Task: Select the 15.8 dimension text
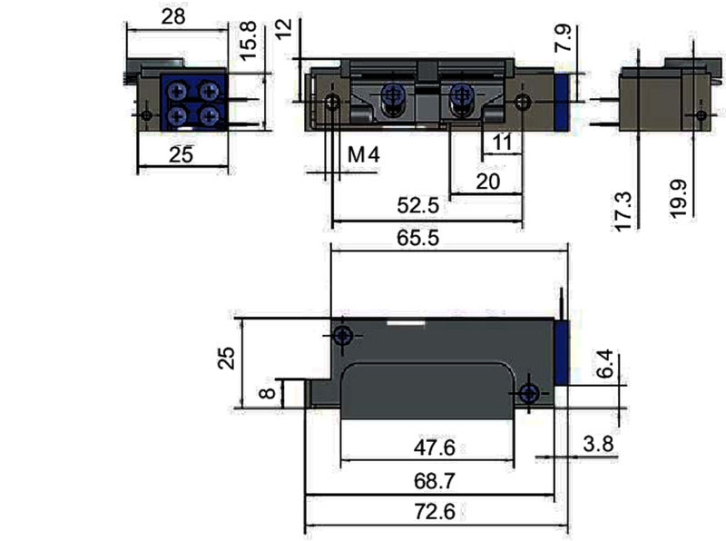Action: click(x=252, y=41)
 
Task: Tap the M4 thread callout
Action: click(x=363, y=155)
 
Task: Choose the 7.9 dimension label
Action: click(x=564, y=39)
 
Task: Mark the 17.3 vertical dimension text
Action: click(x=623, y=210)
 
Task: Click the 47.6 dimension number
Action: click(x=432, y=448)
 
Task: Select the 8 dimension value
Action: click(x=266, y=393)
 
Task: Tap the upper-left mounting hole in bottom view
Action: click(x=342, y=336)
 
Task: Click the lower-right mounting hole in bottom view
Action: click(x=529, y=393)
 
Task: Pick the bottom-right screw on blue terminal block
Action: click(x=211, y=115)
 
